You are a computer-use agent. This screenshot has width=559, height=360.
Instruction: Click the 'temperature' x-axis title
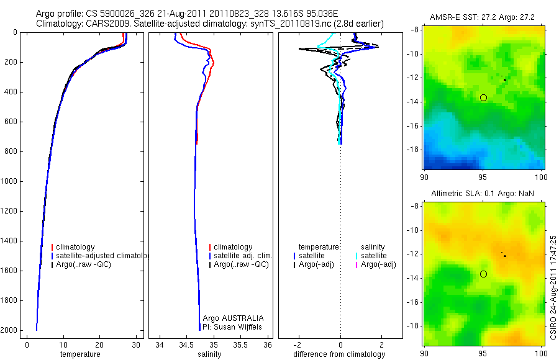tap(80, 354)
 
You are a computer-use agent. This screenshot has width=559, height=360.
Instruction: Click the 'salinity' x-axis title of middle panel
tap(209, 354)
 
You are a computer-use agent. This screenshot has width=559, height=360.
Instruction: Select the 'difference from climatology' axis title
tap(339, 354)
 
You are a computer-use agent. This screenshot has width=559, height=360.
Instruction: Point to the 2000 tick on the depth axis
tap(10, 330)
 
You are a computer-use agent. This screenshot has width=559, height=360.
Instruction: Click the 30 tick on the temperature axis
tap(135, 344)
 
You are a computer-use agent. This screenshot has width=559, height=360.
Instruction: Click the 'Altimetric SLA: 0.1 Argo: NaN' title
tap(482, 194)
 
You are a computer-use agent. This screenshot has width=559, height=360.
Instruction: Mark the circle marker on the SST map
tap(483, 97)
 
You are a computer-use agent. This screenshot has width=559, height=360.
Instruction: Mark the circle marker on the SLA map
tap(483, 274)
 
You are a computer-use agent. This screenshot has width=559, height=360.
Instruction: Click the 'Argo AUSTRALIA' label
tap(233, 318)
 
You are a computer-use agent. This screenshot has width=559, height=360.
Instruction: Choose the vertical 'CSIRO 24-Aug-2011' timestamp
tap(553, 286)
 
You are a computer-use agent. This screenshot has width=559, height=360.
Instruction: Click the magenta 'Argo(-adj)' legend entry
tap(378, 264)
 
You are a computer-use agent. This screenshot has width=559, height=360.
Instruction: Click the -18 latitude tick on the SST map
tap(412, 150)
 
